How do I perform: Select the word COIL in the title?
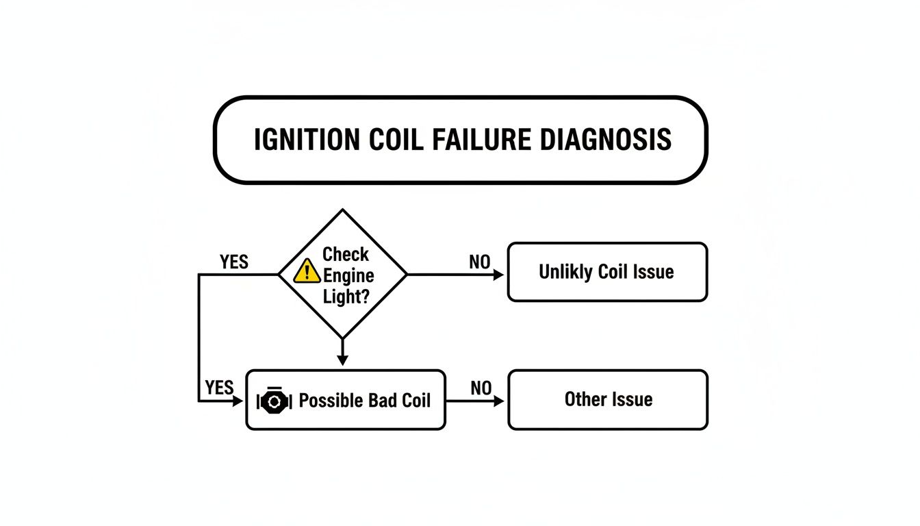(396, 140)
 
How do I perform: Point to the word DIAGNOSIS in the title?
(605, 140)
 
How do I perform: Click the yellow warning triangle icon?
(307, 273)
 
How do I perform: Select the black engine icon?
(274, 400)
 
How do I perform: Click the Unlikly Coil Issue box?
(606, 272)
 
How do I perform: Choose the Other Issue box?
(608, 399)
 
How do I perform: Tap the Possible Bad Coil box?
(345, 400)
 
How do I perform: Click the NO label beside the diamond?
(479, 262)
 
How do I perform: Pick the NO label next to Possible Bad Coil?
(481, 388)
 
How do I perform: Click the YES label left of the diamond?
(234, 262)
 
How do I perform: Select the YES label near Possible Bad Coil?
(219, 388)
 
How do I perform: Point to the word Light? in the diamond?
(346, 297)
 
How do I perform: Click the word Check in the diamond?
(346, 255)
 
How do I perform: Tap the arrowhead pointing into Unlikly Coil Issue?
(499, 275)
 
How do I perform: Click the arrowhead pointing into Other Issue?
(499, 401)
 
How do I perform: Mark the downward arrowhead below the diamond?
(343, 360)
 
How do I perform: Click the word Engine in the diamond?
(348, 276)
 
